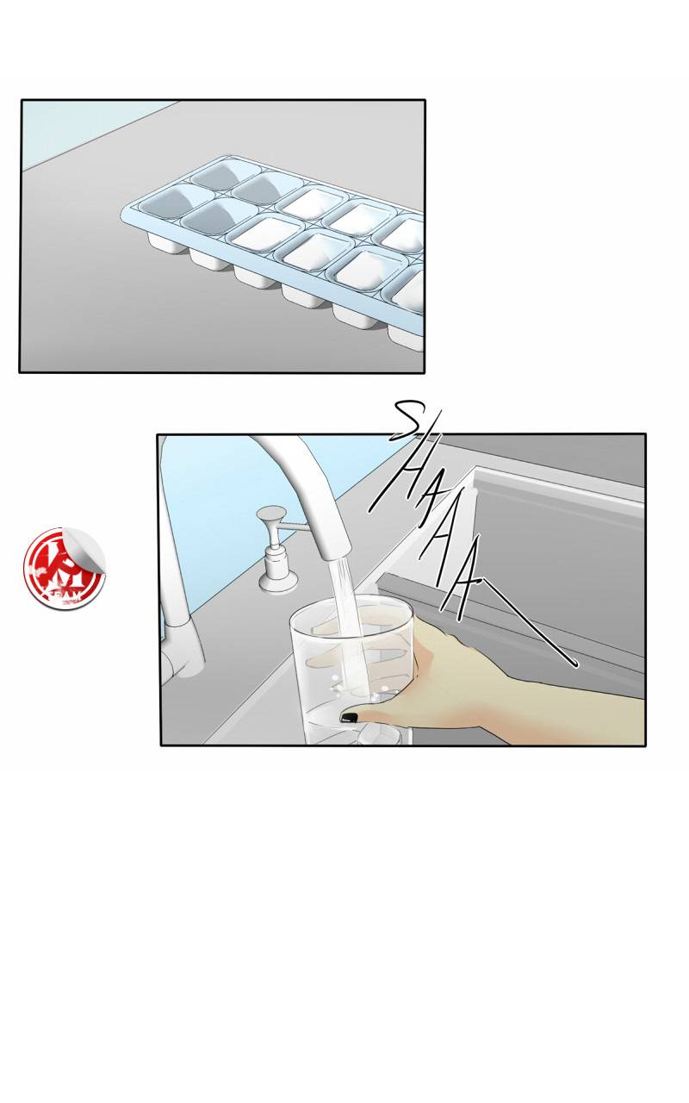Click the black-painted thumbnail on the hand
point(349,717)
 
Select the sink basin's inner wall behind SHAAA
point(560,534)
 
